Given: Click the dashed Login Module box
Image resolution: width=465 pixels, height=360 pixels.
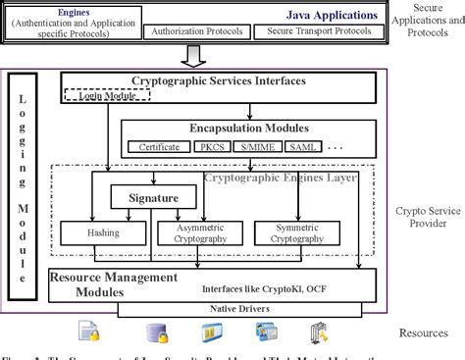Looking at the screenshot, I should coord(97,95).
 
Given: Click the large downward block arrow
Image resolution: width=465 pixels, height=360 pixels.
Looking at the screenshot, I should coord(197,54).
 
